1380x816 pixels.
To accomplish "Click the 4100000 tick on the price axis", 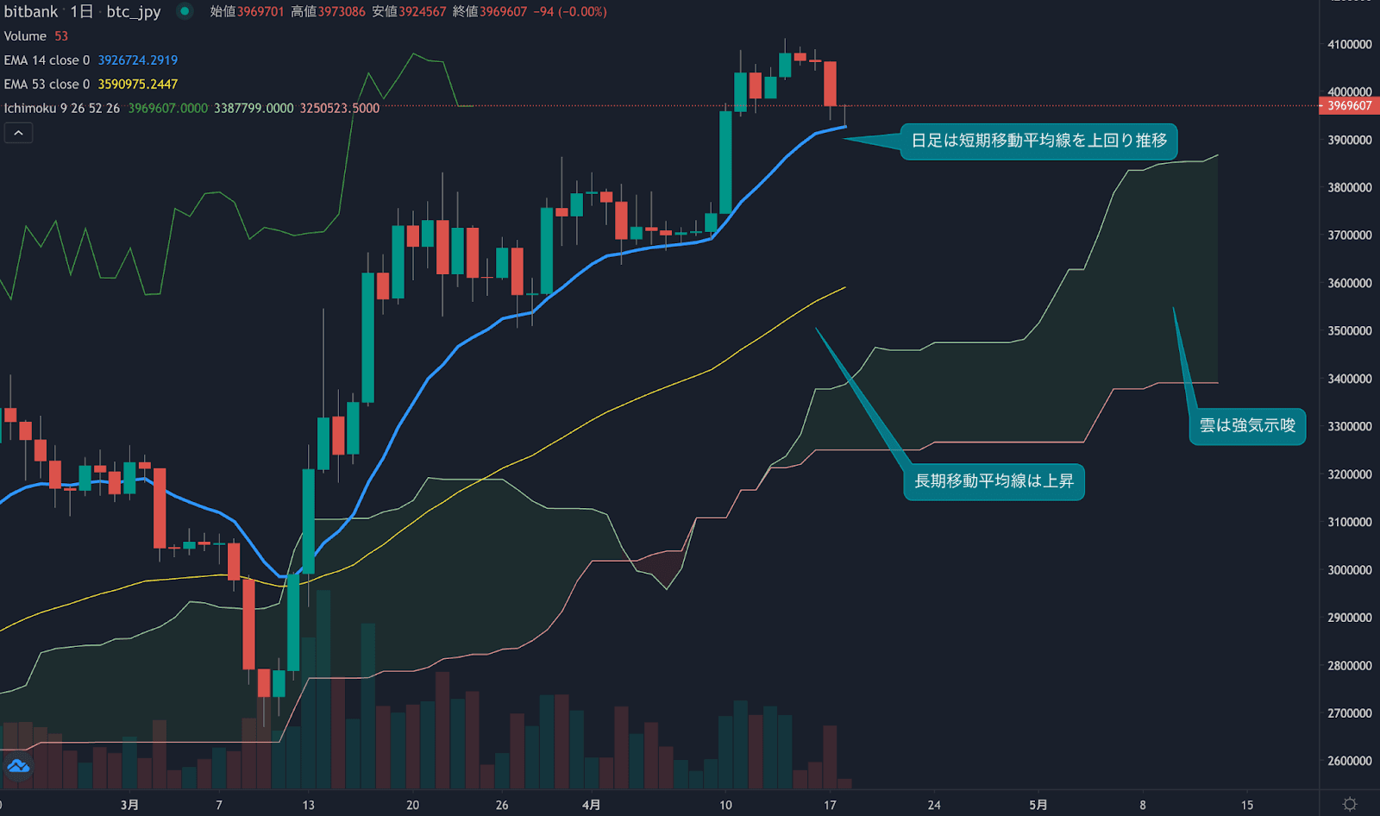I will point(1349,44).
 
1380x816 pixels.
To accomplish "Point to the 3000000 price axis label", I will point(1349,570).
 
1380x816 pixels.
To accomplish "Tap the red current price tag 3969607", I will point(1349,106).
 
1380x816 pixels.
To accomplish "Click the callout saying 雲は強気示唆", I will point(1247,425).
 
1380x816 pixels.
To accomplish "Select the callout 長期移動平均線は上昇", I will point(994,481).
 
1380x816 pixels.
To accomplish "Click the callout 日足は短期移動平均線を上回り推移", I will point(1038,141).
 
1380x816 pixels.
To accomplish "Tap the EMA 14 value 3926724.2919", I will point(137,60).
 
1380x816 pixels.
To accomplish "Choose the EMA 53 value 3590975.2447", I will point(137,85).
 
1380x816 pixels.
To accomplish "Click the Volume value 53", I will point(61,36).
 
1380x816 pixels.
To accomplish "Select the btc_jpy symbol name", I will point(134,12).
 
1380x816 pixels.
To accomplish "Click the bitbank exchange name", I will point(31,12).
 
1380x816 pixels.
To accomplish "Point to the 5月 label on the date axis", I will point(1038,805).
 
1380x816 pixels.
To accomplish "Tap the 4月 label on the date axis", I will point(591,805).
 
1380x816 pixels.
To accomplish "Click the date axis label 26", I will point(502,805).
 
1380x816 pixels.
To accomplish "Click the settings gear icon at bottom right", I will point(1350,804).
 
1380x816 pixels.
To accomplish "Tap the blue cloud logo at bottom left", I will point(18,766).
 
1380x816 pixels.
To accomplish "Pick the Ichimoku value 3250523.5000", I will point(339,109).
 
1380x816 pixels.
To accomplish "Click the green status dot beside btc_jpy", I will point(185,11).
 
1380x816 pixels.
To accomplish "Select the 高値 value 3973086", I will point(342,12).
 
